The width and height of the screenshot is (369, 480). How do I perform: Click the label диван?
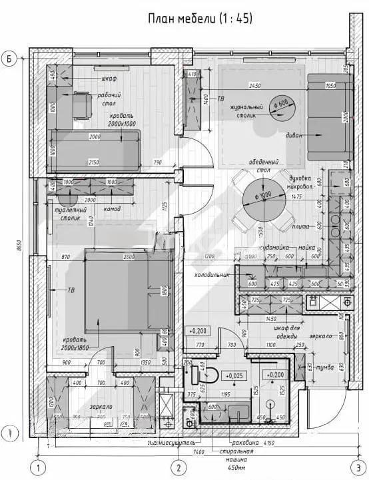click(294, 135)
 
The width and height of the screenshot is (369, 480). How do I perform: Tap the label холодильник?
click(212, 274)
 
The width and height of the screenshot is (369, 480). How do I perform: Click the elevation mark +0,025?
click(236, 375)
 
